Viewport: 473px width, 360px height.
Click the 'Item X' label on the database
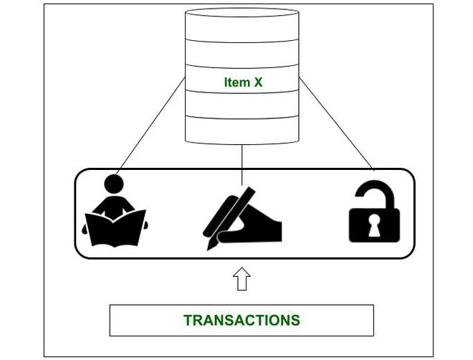(243, 82)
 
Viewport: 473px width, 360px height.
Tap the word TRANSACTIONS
(242, 321)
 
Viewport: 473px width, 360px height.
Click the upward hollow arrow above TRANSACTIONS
(242, 278)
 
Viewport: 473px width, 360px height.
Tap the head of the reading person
(115, 185)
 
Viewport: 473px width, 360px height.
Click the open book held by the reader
(115, 227)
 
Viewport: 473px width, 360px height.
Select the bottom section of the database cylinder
(242, 129)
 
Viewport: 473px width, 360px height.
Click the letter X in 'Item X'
(258, 82)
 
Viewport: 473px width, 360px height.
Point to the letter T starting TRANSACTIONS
(188, 321)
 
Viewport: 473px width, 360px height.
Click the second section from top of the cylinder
(242, 54)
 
